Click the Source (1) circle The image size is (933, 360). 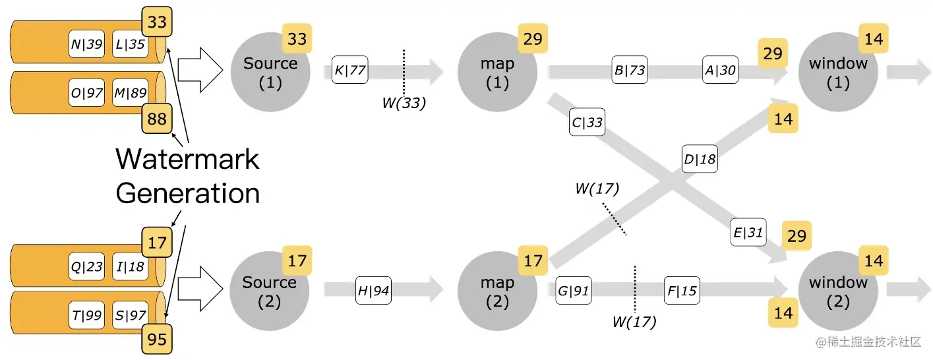point(270,73)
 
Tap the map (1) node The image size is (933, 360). point(497,73)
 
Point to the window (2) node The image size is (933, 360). point(837,291)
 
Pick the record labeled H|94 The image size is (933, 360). point(373,291)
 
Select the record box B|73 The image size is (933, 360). point(629,69)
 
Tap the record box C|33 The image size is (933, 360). point(587,122)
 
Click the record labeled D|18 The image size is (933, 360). point(699,159)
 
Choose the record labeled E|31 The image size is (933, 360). point(748,232)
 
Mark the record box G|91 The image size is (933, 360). point(573,291)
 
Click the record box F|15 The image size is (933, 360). point(682,290)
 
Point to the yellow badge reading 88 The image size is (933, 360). point(157,119)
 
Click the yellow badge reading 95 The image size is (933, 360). point(157,340)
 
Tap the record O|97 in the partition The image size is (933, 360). point(87,92)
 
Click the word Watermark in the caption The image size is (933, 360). point(187,159)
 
